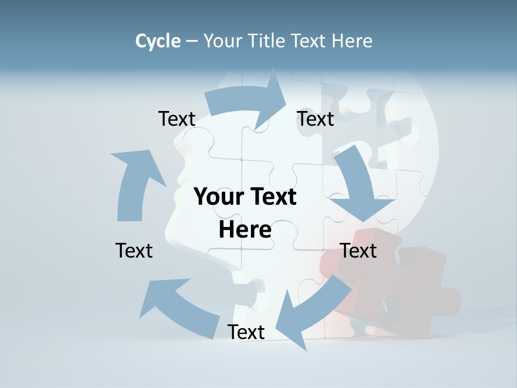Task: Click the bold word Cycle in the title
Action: (158, 41)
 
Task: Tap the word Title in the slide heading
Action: (267, 41)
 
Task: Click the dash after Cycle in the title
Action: (192, 41)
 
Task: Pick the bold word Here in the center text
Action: (245, 230)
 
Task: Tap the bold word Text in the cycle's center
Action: (273, 197)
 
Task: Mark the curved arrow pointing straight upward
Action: (135, 183)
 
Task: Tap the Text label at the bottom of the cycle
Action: (246, 332)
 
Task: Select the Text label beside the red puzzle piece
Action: (358, 251)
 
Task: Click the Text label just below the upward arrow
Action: (134, 251)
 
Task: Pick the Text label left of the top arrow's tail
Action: (177, 119)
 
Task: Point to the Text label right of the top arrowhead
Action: (316, 119)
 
